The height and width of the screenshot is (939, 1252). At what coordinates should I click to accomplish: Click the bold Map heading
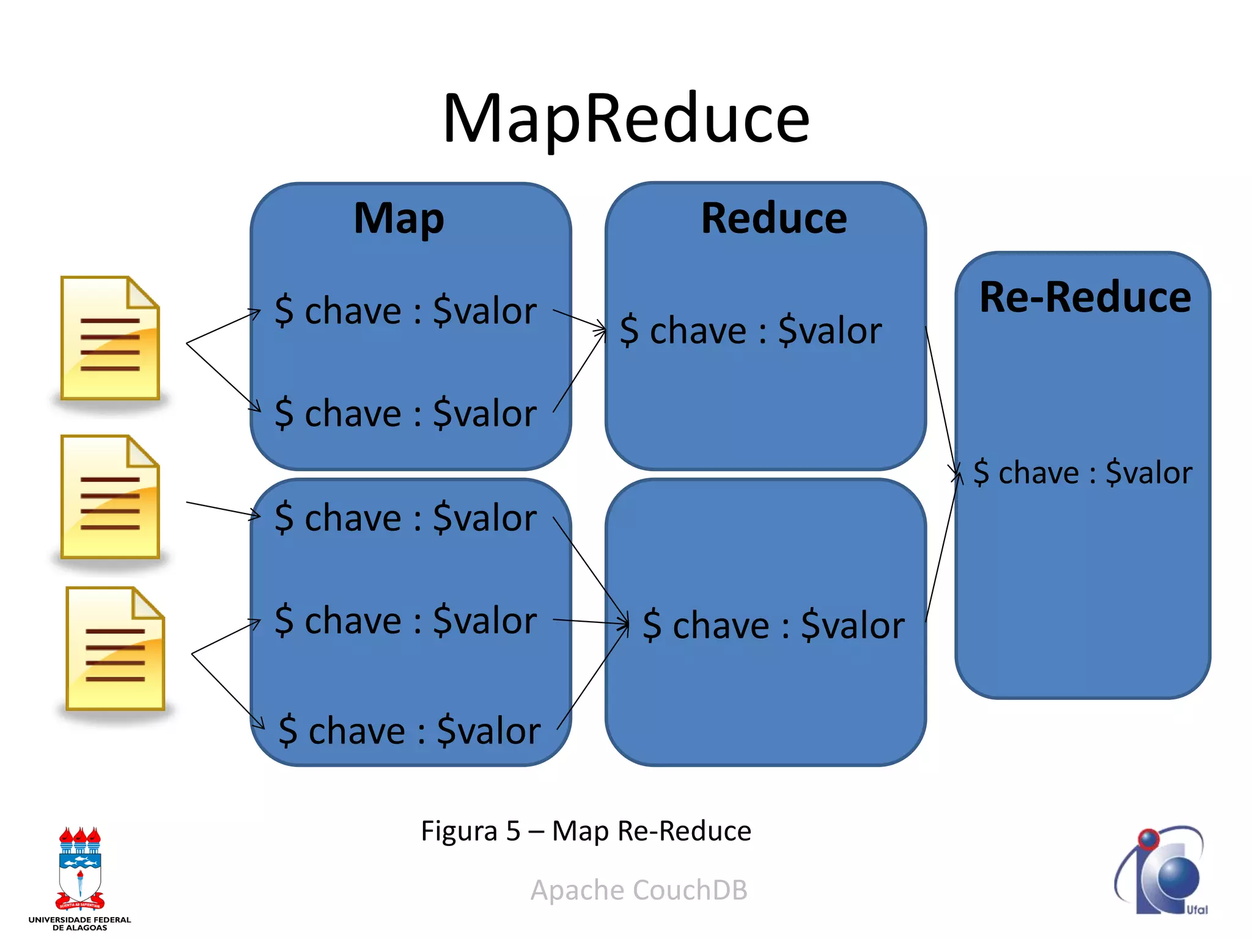pos(399,219)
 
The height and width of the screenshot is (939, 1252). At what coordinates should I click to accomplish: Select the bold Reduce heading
pos(773,218)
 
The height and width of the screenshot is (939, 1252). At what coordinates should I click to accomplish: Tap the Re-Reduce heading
pos(1084,297)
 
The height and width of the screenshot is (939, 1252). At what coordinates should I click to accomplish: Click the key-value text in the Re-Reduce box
pos(1082,473)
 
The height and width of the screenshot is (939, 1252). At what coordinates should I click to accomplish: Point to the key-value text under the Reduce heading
pos(751,331)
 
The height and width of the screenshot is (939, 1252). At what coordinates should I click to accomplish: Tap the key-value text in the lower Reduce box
pos(773,625)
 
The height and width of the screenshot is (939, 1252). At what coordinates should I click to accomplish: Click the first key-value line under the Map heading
pos(405,311)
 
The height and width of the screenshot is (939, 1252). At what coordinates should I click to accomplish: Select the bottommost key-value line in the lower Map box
pos(409,731)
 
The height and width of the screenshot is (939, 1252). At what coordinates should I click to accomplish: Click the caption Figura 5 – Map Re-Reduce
pos(586,831)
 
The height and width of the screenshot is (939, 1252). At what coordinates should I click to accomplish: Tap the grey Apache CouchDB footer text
pos(639,890)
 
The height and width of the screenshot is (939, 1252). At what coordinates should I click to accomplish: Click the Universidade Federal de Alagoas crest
pos(79,869)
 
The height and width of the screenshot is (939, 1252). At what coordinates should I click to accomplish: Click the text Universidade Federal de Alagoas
pos(79,923)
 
